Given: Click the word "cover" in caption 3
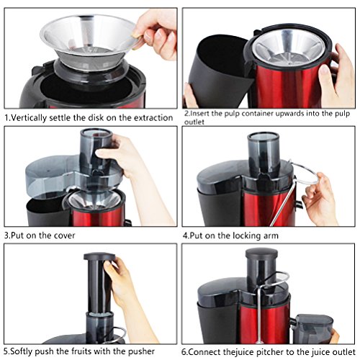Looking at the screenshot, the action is tap(65, 235).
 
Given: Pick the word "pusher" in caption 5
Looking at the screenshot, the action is tap(141, 351).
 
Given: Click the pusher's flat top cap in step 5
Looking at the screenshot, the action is tap(99, 256).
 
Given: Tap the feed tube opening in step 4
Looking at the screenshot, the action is tap(264, 136).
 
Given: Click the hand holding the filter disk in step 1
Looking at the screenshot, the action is tap(156, 34).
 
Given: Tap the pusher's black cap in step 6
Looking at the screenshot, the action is tap(261, 254).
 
